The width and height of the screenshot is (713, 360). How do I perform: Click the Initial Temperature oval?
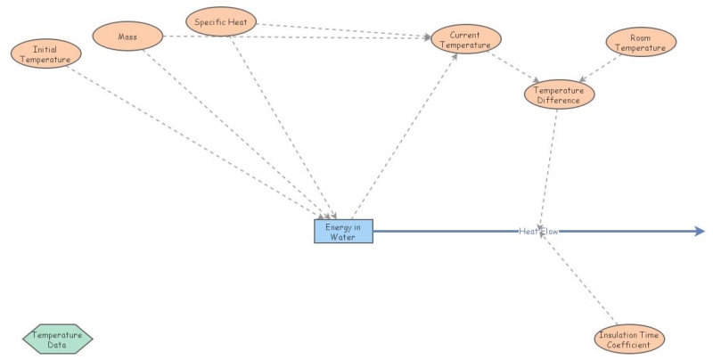(x=46, y=53)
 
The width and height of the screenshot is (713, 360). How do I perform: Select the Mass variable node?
(x=128, y=37)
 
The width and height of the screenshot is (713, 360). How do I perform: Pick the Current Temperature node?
(x=466, y=39)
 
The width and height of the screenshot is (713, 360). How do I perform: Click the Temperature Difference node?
(x=558, y=94)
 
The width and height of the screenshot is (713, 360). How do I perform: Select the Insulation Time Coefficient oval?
(x=629, y=340)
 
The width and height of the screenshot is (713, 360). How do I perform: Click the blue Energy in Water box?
(x=343, y=232)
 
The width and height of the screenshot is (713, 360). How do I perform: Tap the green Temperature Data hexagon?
(x=57, y=340)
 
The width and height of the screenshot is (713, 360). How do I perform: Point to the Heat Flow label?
(x=538, y=232)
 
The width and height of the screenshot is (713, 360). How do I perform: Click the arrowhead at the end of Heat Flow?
(x=700, y=232)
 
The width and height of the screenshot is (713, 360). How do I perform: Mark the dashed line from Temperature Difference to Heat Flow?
(x=549, y=165)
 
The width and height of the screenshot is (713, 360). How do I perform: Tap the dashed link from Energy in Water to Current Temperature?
(x=406, y=134)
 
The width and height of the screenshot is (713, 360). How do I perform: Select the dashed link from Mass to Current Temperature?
(x=294, y=37)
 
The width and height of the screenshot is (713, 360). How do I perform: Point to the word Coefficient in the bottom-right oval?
(x=629, y=345)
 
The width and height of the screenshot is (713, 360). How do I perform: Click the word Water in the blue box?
(x=343, y=237)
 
